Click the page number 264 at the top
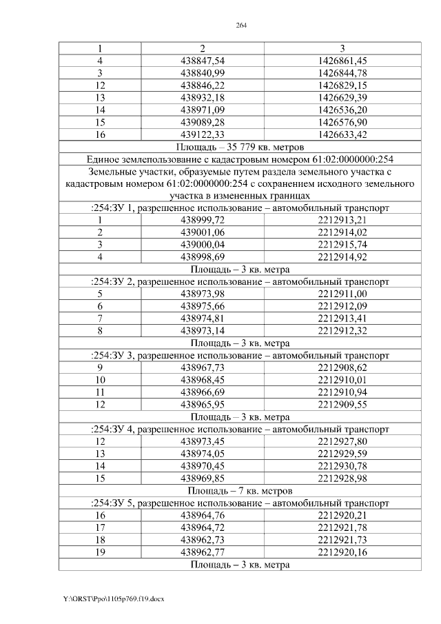point(241,26)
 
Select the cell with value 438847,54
point(203,61)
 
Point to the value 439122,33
point(203,134)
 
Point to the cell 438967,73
point(203,368)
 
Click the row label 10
point(100,380)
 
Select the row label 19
point(100,552)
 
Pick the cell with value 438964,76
point(203,514)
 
